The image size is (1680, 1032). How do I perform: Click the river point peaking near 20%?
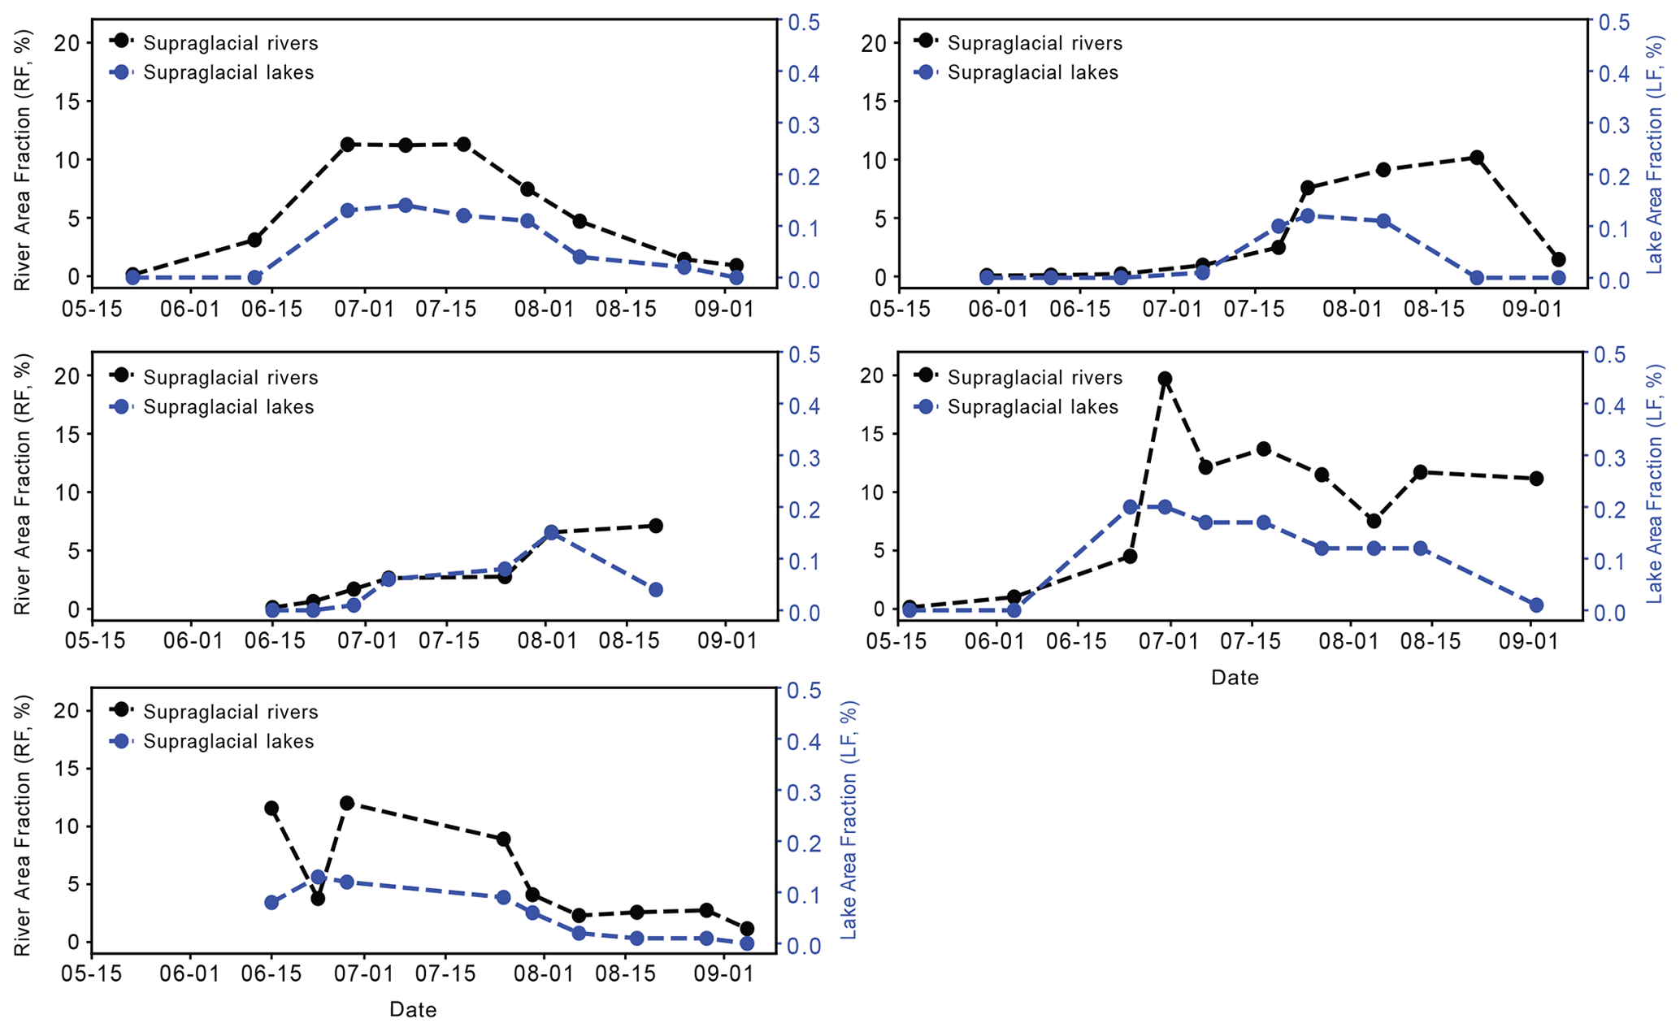click(x=1165, y=379)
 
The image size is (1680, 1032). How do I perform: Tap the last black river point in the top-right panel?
click(x=1535, y=260)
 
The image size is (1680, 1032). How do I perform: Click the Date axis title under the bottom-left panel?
click(x=413, y=1010)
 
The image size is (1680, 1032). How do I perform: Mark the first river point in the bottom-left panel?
click(x=271, y=809)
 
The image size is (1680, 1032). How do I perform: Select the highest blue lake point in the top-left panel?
click(x=406, y=206)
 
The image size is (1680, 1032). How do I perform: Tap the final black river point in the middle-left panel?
click(x=656, y=526)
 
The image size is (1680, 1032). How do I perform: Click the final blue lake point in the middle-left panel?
click(x=656, y=590)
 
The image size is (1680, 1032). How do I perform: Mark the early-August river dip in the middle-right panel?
click(x=1374, y=521)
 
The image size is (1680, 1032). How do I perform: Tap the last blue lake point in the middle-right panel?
click(x=1535, y=605)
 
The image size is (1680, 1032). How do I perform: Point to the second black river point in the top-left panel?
click(x=254, y=240)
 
